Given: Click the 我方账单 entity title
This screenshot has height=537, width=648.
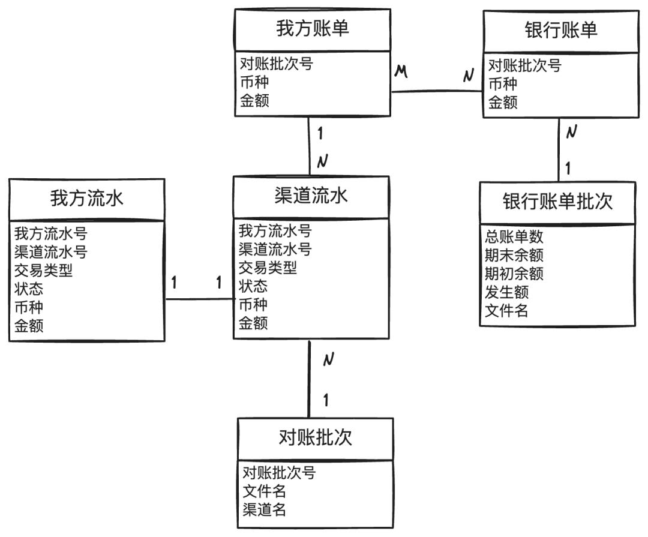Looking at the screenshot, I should tap(312, 29).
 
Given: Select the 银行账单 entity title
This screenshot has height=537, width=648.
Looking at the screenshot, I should tap(561, 31).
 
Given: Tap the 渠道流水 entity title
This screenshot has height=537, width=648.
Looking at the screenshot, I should tap(311, 196).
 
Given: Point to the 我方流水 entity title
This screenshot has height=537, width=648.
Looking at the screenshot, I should tap(87, 199).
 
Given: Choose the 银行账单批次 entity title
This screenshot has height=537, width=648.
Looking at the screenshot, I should tap(557, 202).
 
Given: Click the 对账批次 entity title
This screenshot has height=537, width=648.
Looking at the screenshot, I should tap(316, 437).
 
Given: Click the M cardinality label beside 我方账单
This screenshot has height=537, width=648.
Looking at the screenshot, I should tap(401, 72).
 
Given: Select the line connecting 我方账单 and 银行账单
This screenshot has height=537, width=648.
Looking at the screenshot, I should tap(437, 91).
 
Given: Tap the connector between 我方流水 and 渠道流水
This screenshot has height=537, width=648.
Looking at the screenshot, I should tap(199, 299).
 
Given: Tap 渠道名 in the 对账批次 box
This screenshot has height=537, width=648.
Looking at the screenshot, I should tap(264, 511).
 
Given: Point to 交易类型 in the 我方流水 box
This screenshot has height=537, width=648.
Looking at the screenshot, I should tap(44, 271).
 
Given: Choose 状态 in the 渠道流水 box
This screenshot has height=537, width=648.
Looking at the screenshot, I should tap(253, 286).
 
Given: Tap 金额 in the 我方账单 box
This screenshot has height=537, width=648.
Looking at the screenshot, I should tap(254, 100).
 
